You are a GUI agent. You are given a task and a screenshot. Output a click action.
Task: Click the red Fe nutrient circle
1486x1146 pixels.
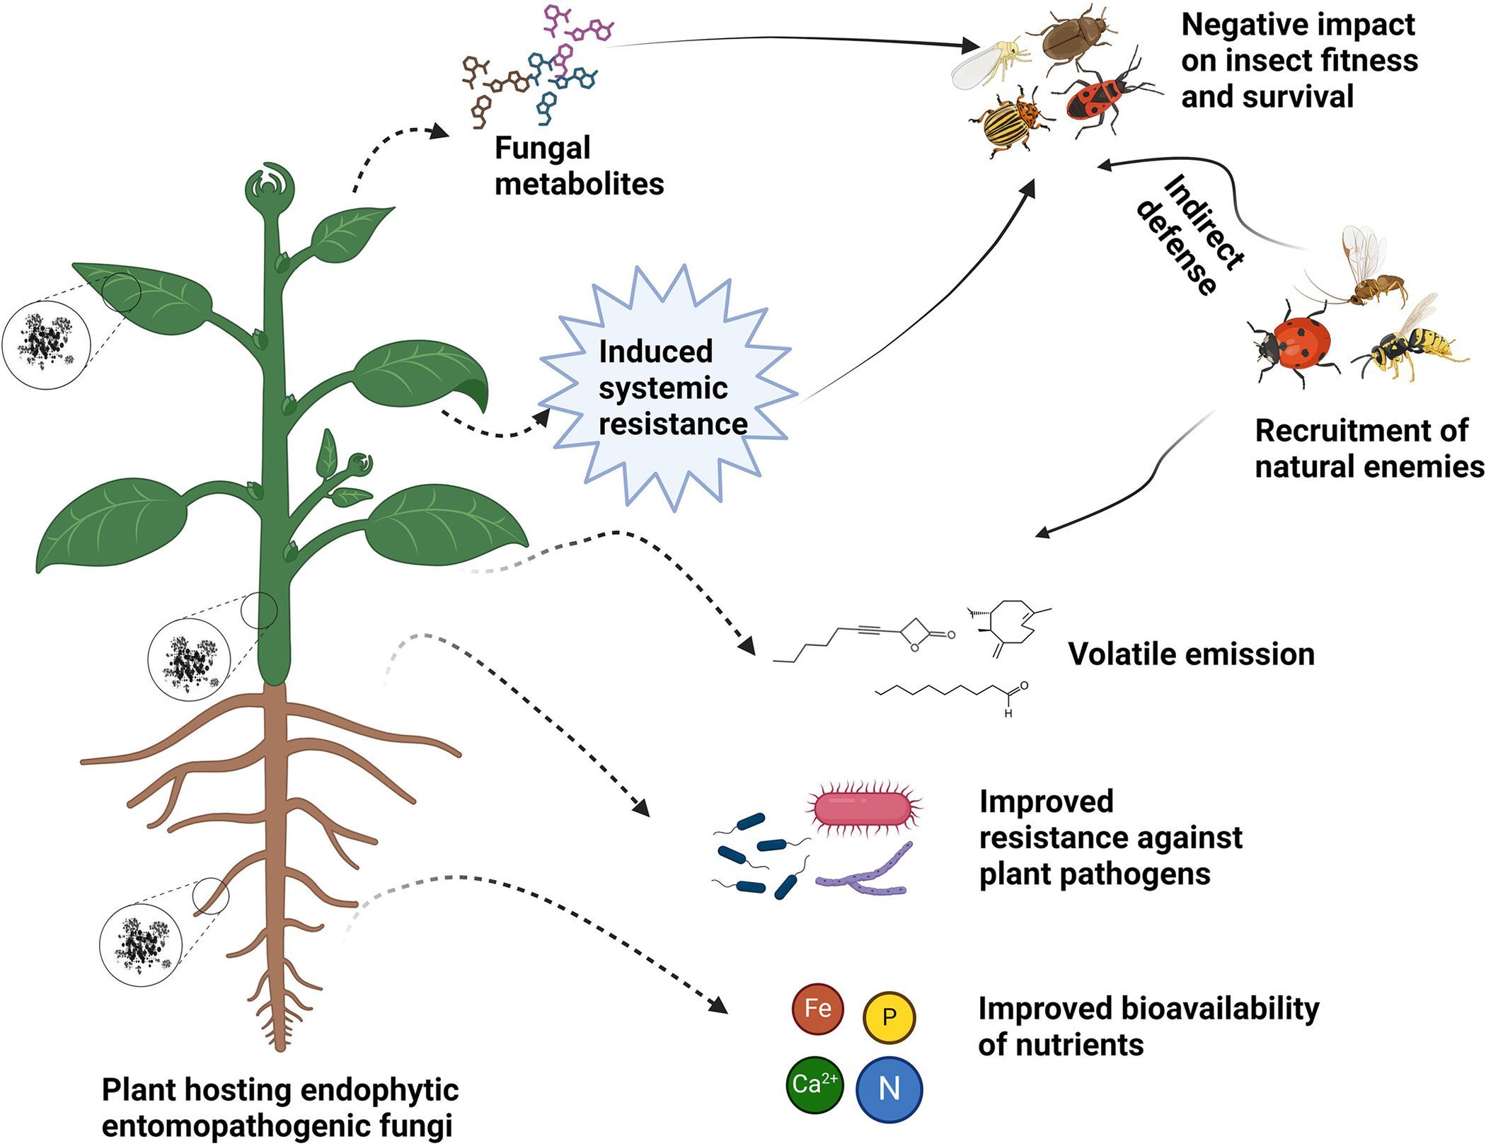tap(817, 1009)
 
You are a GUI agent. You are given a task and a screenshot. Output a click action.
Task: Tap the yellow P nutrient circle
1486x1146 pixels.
tap(889, 1017)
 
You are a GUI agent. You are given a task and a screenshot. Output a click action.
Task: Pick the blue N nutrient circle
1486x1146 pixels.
tap(889, 1089)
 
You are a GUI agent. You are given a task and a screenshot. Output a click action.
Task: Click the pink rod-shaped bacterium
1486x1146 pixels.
tap(863, 808)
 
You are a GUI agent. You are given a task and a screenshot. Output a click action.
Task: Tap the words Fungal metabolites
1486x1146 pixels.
tap(578, 166)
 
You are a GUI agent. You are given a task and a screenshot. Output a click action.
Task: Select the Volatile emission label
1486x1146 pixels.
tap(1191, 654)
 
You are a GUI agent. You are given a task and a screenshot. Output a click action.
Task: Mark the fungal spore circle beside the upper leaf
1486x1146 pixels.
tap(46, 344)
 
